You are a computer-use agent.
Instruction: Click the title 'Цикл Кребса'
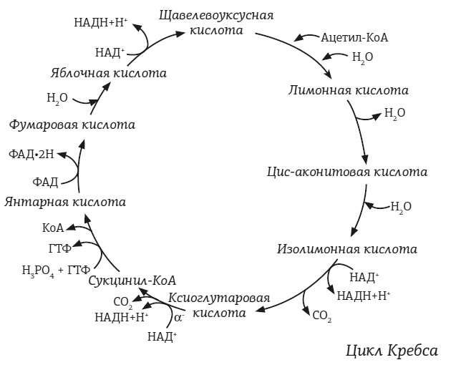click(390, 351)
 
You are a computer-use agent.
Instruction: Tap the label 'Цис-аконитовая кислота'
click(346, 172)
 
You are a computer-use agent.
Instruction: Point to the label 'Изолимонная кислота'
click(346, 250)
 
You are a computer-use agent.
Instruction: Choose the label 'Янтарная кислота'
click(65, 202)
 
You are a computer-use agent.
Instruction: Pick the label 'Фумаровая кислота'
click(72, 124)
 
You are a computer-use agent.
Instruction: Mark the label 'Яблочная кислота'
click(109, 73)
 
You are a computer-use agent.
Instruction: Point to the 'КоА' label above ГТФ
click(52, 228)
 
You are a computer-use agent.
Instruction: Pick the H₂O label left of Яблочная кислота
click(57, 97)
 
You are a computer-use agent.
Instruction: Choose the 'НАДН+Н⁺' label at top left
click(100, 21)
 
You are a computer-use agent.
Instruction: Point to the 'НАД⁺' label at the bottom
click(162, 335)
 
